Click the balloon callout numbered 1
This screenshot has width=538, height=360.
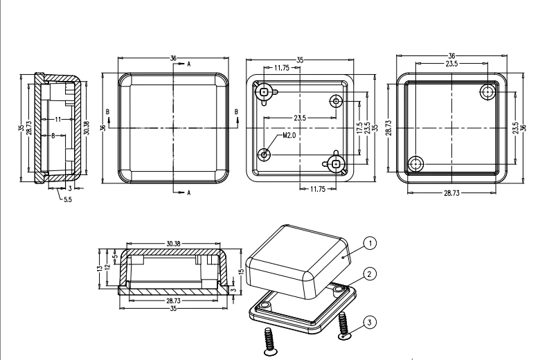click(x=371, y=243)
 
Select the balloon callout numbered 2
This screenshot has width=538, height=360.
click(x=372, y=275)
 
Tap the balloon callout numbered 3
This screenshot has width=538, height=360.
click(x=372, y=321)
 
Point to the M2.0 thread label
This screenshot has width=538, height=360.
click(x=289, y=136)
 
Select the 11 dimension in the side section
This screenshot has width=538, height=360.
click(x=57, y=119)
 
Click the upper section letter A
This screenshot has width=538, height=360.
click(x=188, y=63)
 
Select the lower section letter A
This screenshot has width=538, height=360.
click(x=188, y=194)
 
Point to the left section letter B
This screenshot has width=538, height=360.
click(x=107, y=111)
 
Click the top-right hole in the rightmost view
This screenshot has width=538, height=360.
click(x=489, y=92)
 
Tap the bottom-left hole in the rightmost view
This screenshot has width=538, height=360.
click(x=415, y=164)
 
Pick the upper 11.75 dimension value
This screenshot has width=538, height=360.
click(x=281, y=68)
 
